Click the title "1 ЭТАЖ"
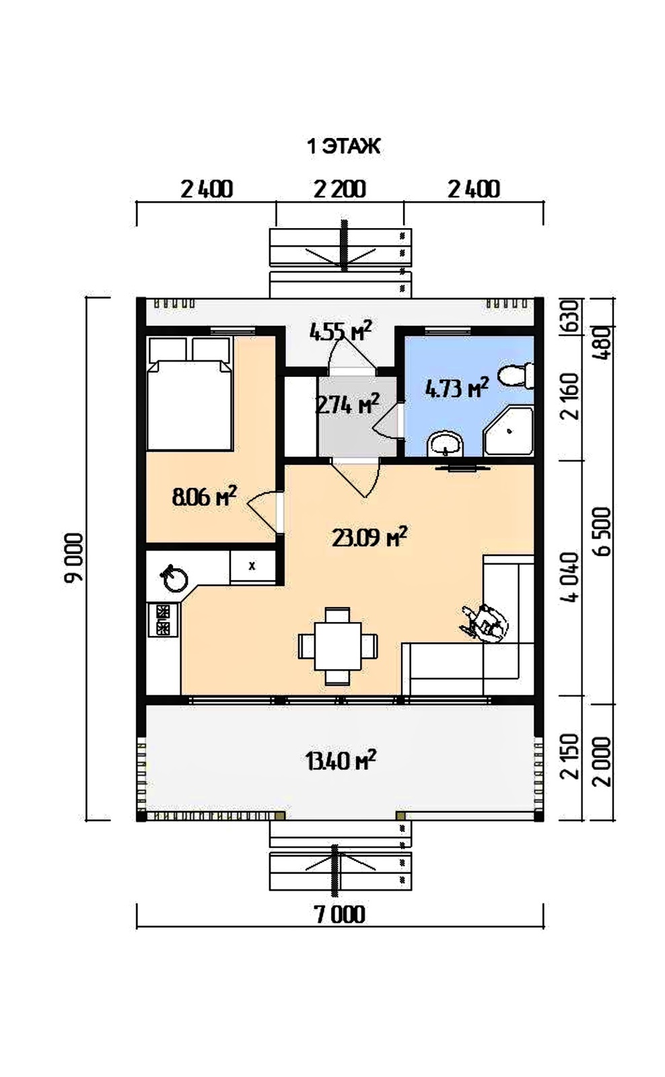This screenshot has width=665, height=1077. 343,146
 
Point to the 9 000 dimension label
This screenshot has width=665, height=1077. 75,557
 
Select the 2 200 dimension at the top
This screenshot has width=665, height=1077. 339,189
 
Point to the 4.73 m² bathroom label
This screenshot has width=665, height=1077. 457,388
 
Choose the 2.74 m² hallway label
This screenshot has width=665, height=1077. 347,404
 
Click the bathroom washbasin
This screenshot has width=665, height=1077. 446,444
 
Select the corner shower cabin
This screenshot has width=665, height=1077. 509,431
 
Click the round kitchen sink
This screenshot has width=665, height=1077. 175,579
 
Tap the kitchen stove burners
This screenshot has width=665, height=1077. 163,619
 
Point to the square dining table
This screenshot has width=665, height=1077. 338,646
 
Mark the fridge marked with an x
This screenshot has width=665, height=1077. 252,566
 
